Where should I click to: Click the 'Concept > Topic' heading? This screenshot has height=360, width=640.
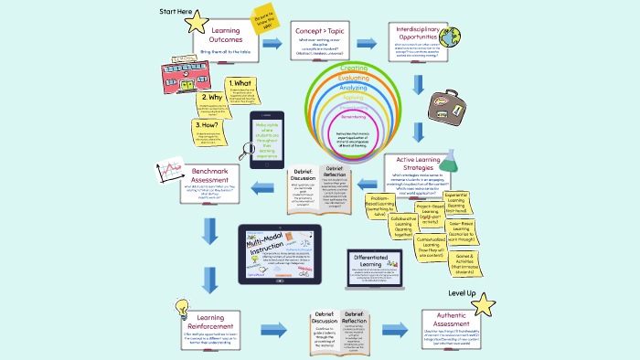coord(320,32)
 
